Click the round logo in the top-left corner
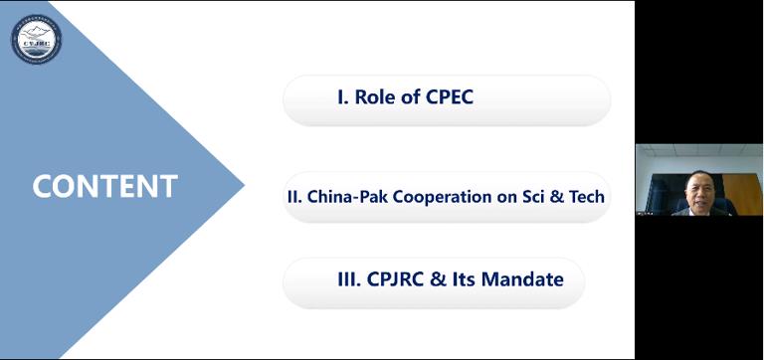click(37, 39)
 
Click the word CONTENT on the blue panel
click(104, 186)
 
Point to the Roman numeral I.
click(340, 97)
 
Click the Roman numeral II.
click(293, 197)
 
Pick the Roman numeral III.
click(347, 279)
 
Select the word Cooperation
click(443, 197)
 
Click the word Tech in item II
click(587, 197)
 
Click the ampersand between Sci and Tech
click(559, 197)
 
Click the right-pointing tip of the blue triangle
click(243, 184)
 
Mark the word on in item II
click(506, 197)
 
